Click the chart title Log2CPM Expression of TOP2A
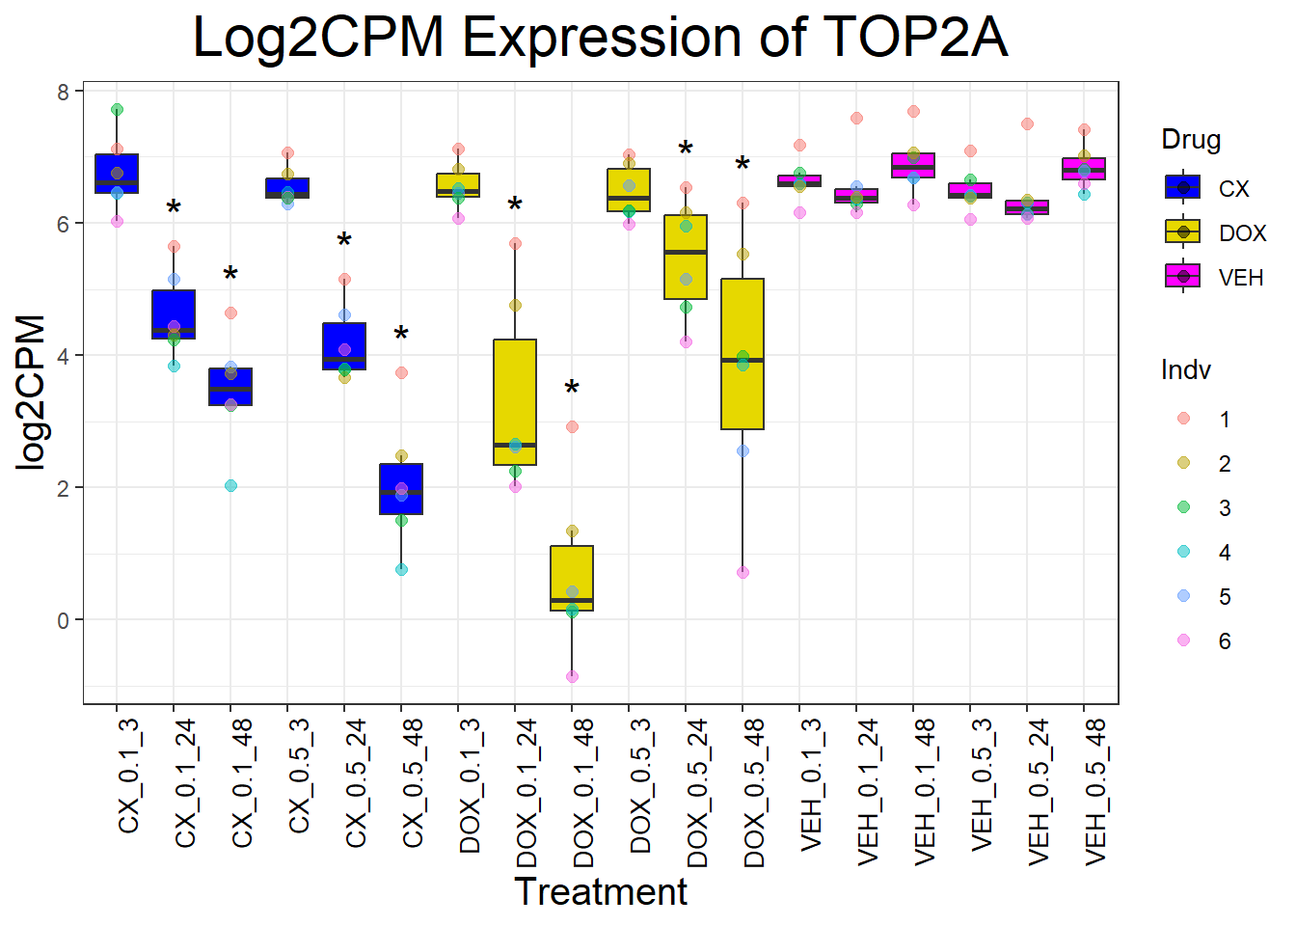[600, 39]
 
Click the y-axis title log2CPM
[33, 393]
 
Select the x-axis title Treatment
[600, 892]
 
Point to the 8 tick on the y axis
[64, 93]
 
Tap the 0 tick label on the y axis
[64, 620]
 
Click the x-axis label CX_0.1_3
[128, 776]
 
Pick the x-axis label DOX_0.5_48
[754, 793]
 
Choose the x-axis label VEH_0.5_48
[1095, 793]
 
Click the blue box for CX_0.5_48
[401, 489]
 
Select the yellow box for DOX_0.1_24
[515, 402]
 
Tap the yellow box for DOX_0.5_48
[742, 354]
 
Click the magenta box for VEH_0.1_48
[913, 165]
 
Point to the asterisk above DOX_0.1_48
[572, 390]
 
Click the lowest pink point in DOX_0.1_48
[572, 676]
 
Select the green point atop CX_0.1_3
[117, 110]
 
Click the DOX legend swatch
[1183, 232]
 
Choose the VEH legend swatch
[1183, 277]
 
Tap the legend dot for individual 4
[1184, 552]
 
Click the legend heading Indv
[1186, 370]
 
